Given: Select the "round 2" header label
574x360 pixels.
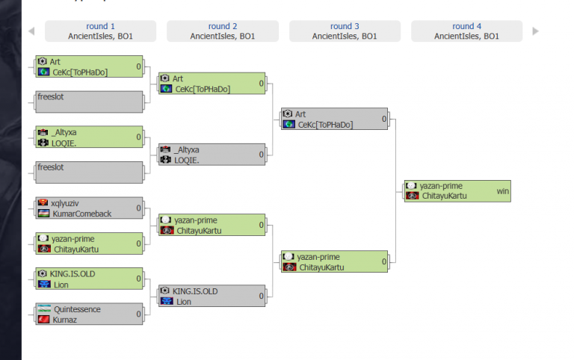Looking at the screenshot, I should [223, 26].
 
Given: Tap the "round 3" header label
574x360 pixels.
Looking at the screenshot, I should [345, 26].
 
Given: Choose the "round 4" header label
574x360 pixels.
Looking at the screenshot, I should [467, 26].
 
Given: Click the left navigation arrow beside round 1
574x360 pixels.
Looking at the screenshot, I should [31, 31].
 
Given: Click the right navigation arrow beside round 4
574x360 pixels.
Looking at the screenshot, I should [535, 31].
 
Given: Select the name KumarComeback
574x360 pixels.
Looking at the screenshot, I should [82, 214].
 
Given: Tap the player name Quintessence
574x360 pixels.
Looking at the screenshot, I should [76, 309].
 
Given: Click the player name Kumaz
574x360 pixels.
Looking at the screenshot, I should [64, 320].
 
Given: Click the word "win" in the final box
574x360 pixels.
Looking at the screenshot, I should [502, 191].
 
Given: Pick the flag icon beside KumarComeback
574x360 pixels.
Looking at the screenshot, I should [43, 214].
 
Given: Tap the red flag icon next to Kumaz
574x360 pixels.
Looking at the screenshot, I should [43, 320].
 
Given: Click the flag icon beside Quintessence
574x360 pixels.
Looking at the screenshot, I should [43, 309].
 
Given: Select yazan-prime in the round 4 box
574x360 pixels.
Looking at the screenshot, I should [441, 186].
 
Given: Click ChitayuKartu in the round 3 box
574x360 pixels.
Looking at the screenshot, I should [322, 267].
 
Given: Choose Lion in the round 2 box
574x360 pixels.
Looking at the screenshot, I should [184, 302].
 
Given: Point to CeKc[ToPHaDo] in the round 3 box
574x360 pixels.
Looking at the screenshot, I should [325, 125].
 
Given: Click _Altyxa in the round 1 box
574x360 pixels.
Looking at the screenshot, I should [66, 132].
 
